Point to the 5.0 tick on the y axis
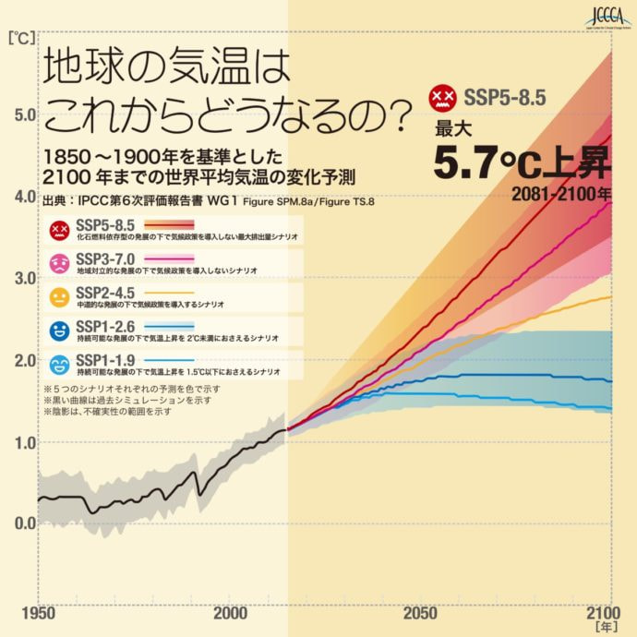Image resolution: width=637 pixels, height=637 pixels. pos(22,114)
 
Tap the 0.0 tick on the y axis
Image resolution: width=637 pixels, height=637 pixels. pos(22,523)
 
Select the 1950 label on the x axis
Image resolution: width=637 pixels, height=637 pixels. pos(37,613)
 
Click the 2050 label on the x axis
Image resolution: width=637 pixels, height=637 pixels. pos(420,613)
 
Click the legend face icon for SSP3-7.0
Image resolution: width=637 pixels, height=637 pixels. pos(61,262)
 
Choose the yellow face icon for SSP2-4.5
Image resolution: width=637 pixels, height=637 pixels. pos(61,297)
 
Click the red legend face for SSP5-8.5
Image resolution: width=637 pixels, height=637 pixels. pos(61,228)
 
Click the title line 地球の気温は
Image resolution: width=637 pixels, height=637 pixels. pos(160,68)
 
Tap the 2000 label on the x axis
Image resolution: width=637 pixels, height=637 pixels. pos(229,613)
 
